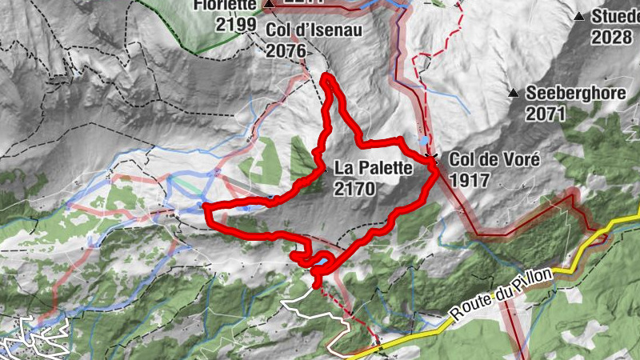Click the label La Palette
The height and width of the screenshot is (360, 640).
point(373,168)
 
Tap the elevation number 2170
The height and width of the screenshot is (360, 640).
point(354,189)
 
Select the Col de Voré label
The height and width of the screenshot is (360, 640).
point(495,159)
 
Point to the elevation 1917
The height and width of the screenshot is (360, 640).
point(469,180)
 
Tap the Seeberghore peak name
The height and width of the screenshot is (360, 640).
point(575,94)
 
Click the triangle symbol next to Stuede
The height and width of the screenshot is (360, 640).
point(579,16)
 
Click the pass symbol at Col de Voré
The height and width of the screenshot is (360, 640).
point(432,157)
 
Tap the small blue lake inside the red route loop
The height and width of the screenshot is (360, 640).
point(320,262)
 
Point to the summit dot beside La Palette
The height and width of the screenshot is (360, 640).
point(324,169)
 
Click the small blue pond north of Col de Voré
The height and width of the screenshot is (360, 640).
point(422,139)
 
